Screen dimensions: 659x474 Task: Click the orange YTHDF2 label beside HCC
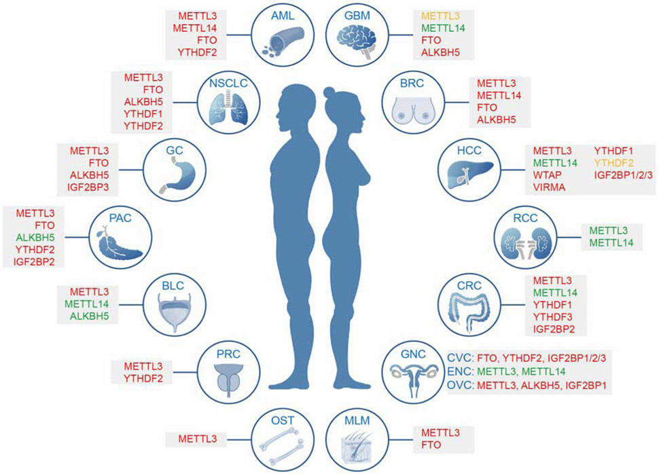click(614, 162)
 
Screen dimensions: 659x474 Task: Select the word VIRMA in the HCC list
click(548, 187)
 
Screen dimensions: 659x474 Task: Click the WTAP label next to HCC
click(547, 175)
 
